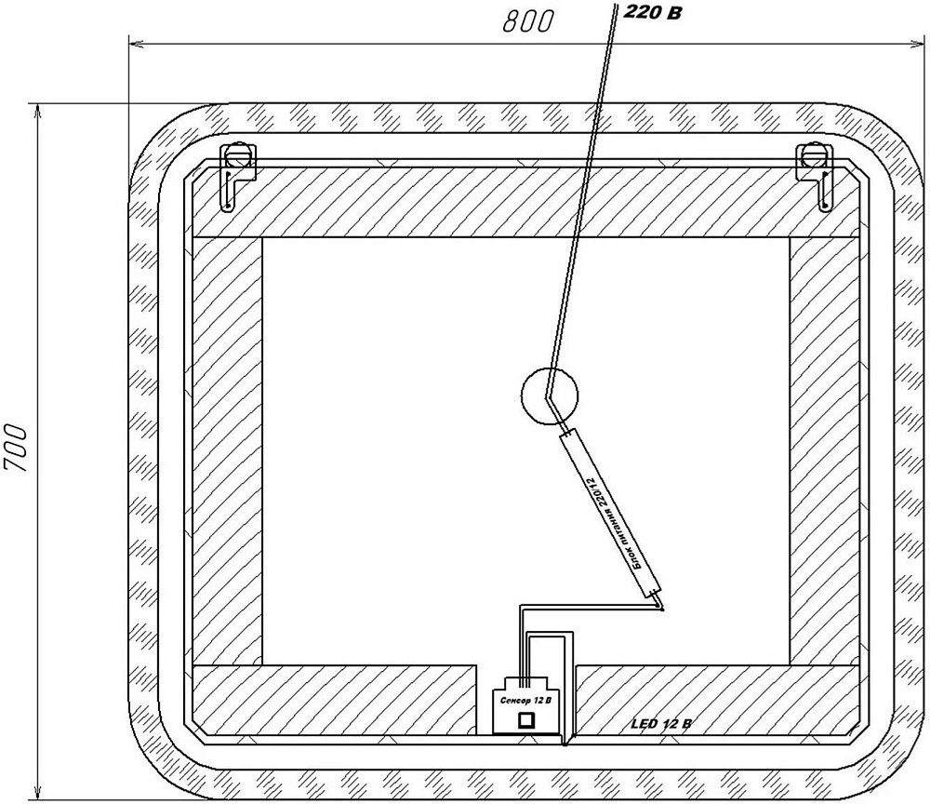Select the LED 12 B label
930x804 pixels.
661,723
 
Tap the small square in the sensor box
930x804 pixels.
527,718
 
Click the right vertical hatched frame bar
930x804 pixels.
824,450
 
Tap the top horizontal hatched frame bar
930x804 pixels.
525,201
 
